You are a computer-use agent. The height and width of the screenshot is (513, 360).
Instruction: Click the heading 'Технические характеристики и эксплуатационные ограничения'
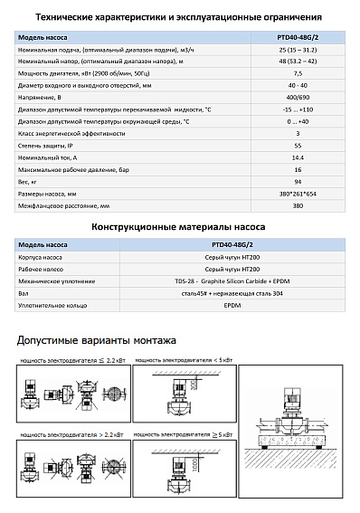[x=180, y=17]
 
